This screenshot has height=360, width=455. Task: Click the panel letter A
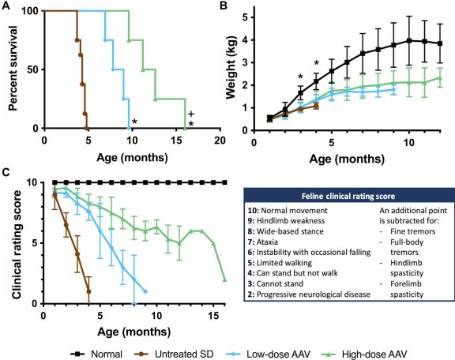click(x=6, y=6)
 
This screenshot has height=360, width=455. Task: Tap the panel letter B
click(x=224, y=6)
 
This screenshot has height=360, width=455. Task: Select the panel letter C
click(x=6, y=172)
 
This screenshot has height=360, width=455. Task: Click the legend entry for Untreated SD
click(x=175, y=354)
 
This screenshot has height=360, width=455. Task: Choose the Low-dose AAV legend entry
click(x=268, y=354)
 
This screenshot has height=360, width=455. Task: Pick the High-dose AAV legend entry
click(x=364, y=354)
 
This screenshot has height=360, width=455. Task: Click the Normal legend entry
click(x=96, y=354)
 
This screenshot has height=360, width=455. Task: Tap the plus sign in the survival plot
click(x=191, y=114)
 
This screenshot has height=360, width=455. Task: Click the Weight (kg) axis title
click(x=231, y=67)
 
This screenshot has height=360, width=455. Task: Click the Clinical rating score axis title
click(x=17, y=244)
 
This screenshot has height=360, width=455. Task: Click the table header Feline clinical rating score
click(x=348, y=197)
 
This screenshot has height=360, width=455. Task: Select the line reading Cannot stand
click(x=276, y=283)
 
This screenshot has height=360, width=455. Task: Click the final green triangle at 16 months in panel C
click(x=224, y=279)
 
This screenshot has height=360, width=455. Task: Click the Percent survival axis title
click(x=13, y=69)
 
